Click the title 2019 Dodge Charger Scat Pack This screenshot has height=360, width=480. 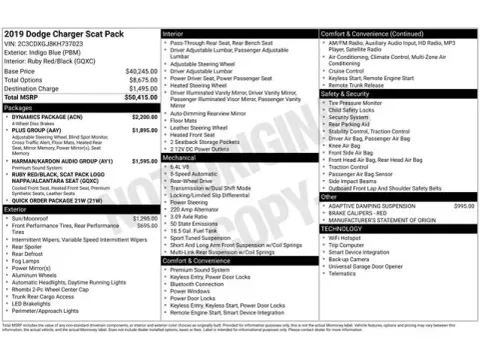point(63,33)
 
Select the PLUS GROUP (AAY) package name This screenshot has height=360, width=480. point(38,130)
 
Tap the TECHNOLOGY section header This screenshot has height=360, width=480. point(341,228)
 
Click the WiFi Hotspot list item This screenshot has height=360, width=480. point(346,237)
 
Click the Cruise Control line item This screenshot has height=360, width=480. point(346,71)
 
